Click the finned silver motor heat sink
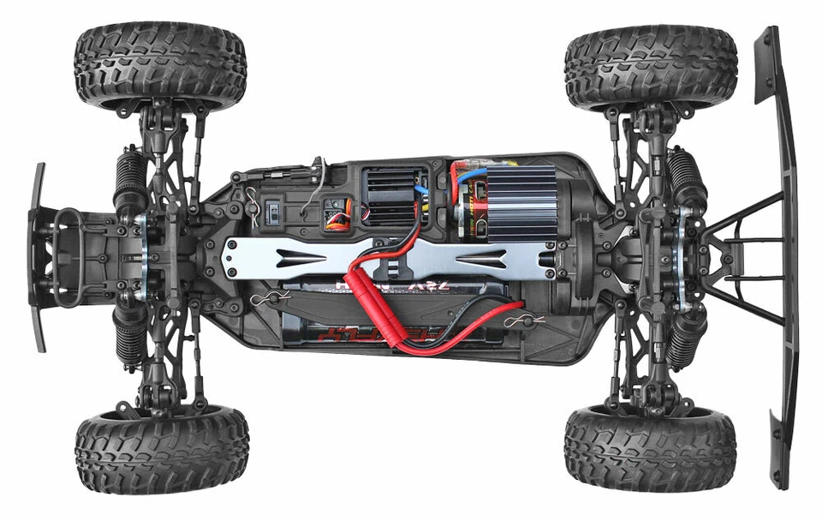(x=522, y=203)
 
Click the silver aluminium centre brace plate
(x=385, y=257)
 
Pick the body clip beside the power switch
(x=252, y=204)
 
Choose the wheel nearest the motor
(x=651, y=67)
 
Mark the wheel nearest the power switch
(x=160, y=67)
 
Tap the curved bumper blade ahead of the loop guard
(x=37, y=257)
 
